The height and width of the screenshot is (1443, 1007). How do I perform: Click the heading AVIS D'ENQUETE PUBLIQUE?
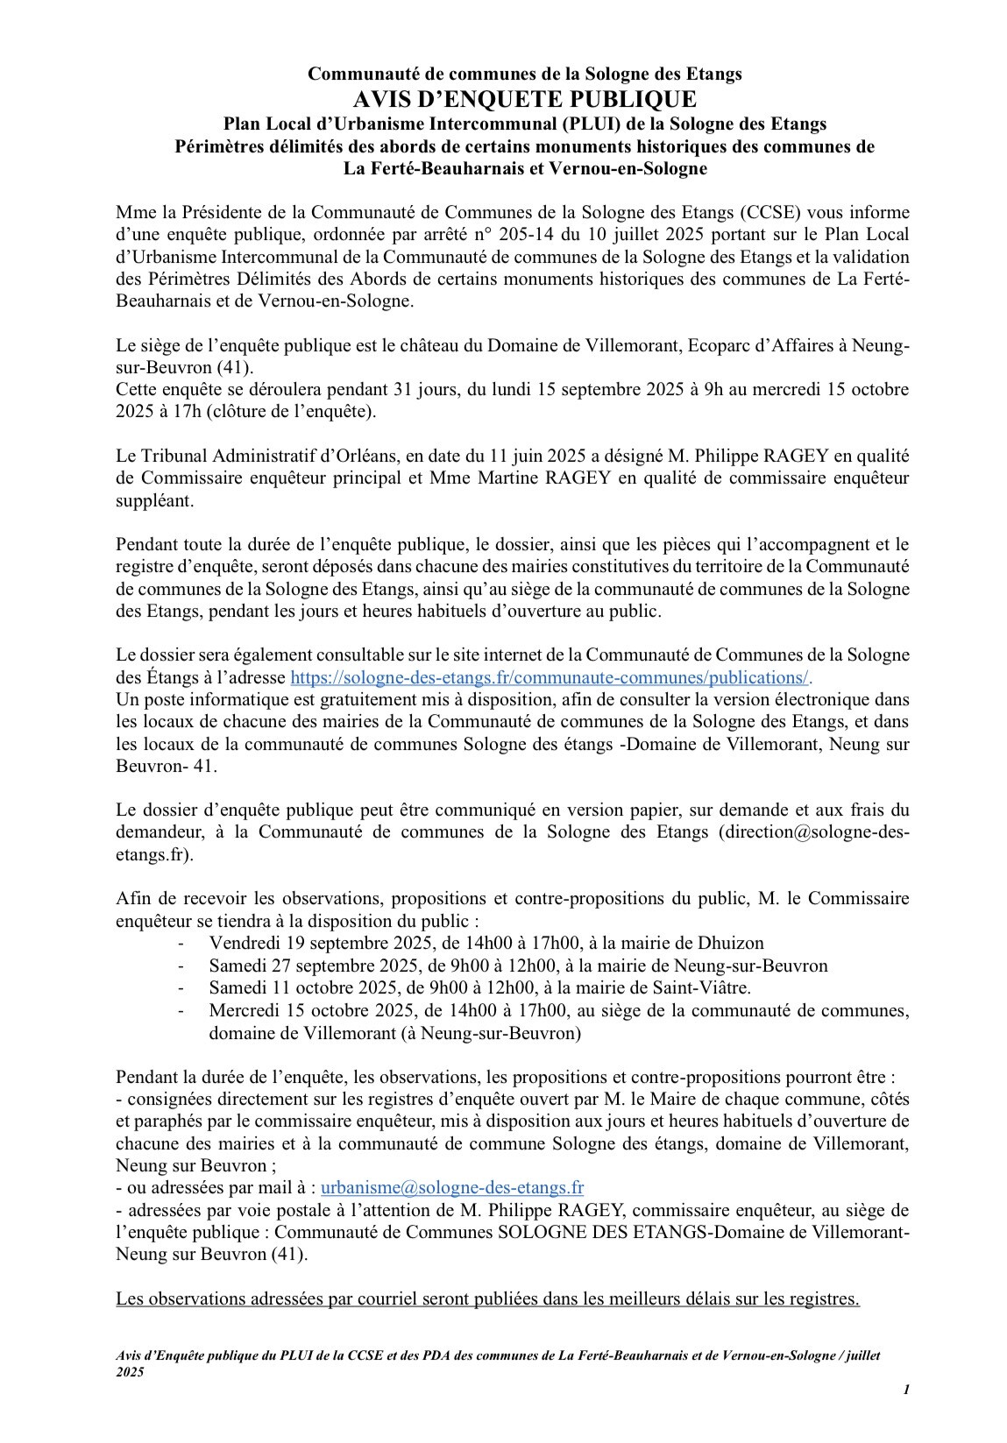pyautogui.click(x=503, y=98)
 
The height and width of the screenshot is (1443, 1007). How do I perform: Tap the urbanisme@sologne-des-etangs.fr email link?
pyautogui.click(x=452, y=1187)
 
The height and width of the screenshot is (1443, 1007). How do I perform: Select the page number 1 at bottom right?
pyautogui.click(x=906, y=1390)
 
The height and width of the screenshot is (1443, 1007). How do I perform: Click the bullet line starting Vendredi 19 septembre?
pyautogui.click(x=486, y=943)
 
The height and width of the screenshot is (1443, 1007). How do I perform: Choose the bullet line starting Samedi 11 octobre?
pyautogui.click(x=479, y=987)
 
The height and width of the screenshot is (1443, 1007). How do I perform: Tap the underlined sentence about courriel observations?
pyautogui.click(x=487, y=1298)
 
